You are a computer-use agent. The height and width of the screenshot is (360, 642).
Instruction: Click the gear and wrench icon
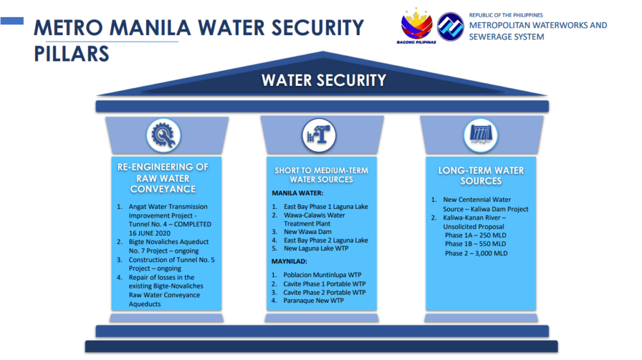coord(164,135)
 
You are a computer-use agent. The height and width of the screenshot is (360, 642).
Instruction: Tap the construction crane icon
coord(319,135)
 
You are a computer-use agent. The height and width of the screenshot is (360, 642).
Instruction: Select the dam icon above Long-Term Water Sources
coord(481,135)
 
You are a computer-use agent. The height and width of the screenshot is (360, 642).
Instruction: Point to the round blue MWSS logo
coord(450,26)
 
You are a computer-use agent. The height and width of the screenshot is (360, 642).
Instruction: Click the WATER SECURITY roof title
coord(324,80)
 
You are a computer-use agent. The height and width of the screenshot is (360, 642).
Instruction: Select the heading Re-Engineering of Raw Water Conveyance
coord(163,178)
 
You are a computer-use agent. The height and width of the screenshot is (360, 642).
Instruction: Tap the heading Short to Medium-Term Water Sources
coord(322,175)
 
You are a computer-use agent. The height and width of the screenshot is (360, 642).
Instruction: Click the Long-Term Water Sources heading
coord(481,176)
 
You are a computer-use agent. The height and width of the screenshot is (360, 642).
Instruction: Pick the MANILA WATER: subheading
coord(297,193)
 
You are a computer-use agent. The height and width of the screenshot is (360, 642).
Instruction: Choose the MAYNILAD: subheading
coord(289,262)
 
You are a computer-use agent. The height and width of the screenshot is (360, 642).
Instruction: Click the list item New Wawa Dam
coord(307,232)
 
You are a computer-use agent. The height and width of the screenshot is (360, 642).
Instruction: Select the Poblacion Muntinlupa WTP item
coord(322,275)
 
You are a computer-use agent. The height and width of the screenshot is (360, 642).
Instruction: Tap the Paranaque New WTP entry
coord(313,300)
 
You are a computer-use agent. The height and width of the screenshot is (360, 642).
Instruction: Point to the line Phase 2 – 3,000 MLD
coord(476,253)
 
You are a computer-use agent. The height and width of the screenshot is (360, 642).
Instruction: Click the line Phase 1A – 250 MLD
coord(475,235)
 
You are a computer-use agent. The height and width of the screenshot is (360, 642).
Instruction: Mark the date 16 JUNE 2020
coord(149,233)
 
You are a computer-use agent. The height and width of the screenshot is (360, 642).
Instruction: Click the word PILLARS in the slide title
coord(71,54)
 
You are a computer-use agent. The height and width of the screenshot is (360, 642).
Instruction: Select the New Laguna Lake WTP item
coord(316,248)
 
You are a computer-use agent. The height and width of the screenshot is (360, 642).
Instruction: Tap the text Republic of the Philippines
coord(506,15)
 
